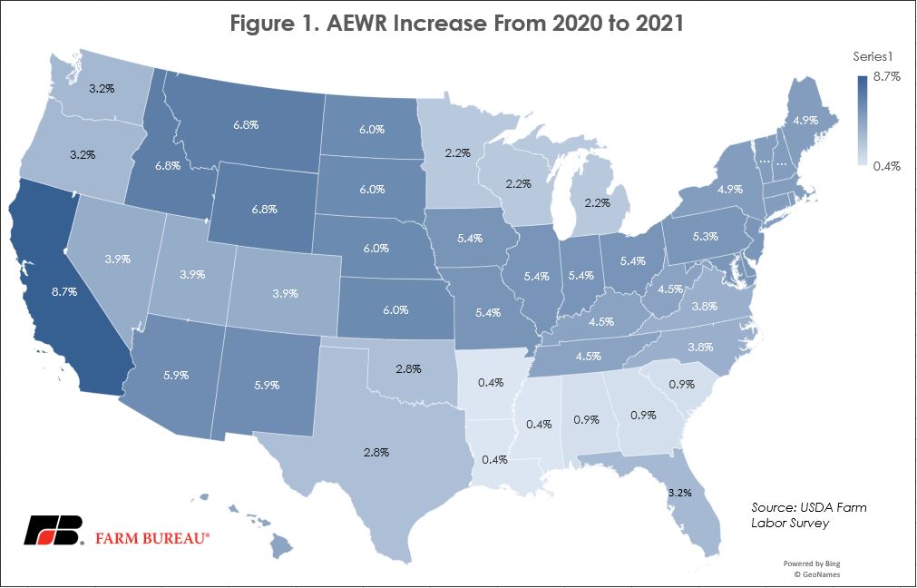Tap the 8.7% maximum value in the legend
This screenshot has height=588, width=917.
886,77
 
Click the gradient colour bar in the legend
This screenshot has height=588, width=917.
862,121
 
